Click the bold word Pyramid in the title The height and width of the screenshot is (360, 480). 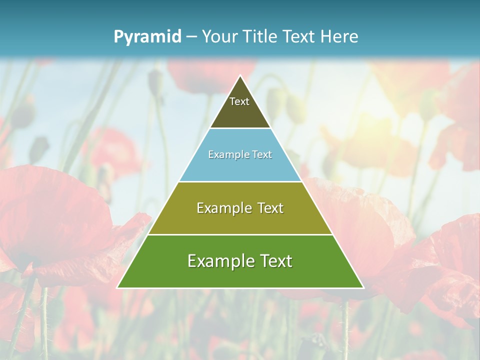(147, 36)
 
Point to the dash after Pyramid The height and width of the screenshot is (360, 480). (191, 37)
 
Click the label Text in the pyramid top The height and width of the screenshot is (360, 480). (239, 101)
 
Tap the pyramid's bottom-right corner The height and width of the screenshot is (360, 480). (363, 287)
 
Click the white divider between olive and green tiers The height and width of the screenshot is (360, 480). (240, 234)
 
